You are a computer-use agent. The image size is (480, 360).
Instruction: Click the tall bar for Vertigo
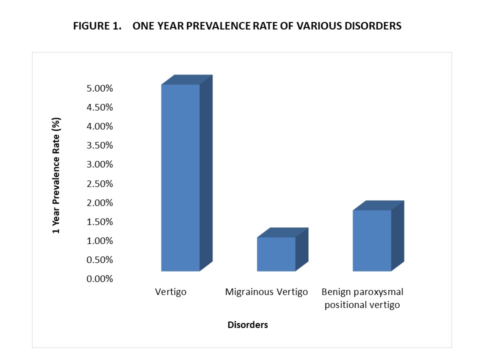tap(180, 177)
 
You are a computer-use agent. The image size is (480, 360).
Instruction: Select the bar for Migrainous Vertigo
tap(276, 254)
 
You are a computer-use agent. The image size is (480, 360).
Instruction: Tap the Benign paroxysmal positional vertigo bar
tap(371, 240)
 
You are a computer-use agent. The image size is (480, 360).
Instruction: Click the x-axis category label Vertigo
tap(171, 291)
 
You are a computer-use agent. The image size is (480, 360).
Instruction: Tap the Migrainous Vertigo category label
tap(266, 291)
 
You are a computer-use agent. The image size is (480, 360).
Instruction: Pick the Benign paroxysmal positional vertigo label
tap(362, 298)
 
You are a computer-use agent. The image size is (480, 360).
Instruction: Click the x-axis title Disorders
tap(247, 325)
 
